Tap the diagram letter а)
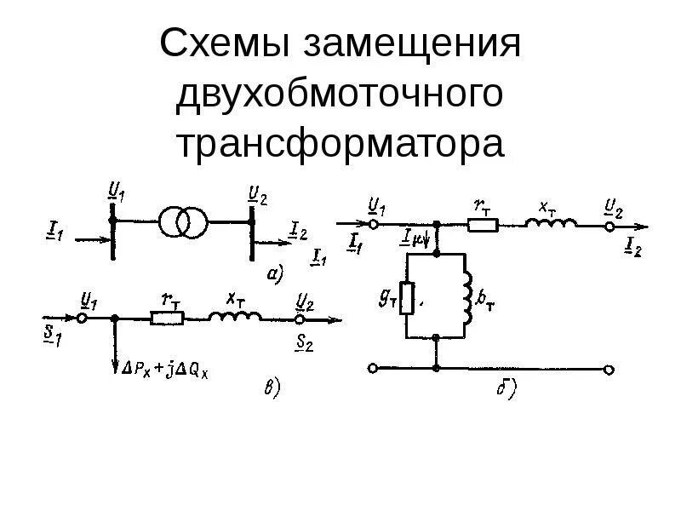click(275, 273)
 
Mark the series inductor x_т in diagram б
click(551, 224)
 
